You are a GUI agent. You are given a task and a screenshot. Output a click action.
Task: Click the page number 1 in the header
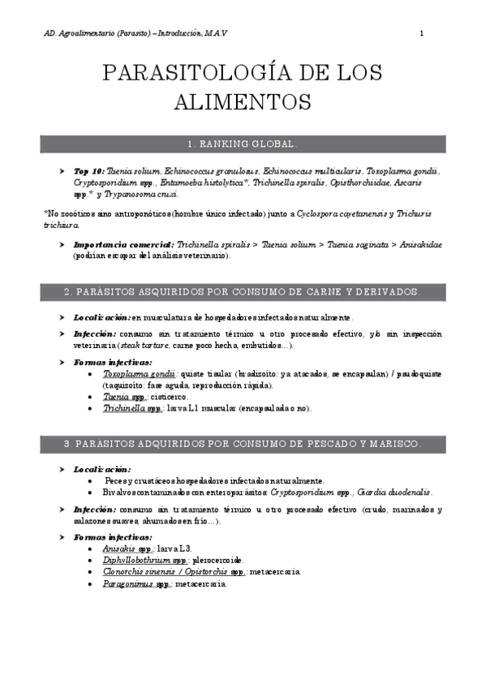tap(422, 33)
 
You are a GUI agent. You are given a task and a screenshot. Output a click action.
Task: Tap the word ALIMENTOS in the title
tap(243, 102)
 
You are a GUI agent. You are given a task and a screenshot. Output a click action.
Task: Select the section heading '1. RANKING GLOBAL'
tap(243, 144)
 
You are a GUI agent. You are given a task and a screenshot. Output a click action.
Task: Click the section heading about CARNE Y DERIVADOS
tap(243, 290)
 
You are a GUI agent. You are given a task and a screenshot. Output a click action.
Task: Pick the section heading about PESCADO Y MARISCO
tap(243, 445)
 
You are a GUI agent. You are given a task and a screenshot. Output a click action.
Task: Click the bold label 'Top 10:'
tap(90, 172)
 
